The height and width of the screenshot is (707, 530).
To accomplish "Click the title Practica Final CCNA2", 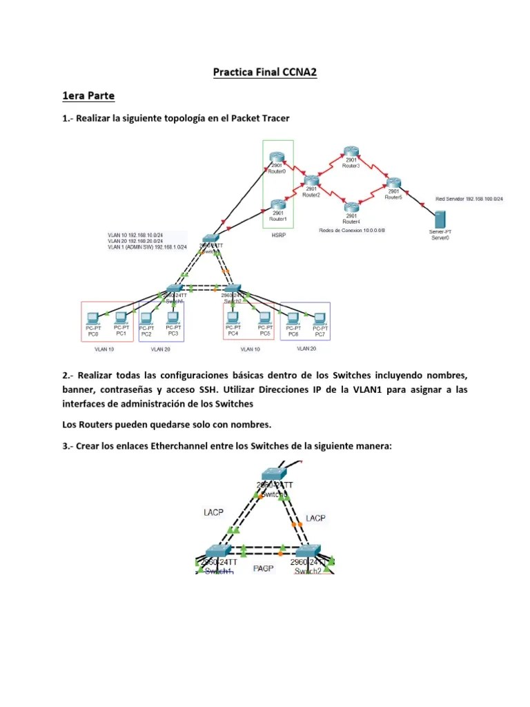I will [x=264, y=71].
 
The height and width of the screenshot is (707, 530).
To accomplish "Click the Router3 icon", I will [x=351, y=153].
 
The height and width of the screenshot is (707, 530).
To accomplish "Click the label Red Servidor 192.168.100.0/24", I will [x=469, y=199].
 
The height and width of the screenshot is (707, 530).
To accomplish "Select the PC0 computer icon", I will [x=93, y=318].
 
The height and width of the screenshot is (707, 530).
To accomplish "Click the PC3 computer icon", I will [x=173, y=318].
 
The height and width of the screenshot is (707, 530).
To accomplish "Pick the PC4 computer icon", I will [x=233, y=318].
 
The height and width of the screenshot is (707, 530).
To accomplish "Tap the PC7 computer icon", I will [x=320, y=318].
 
